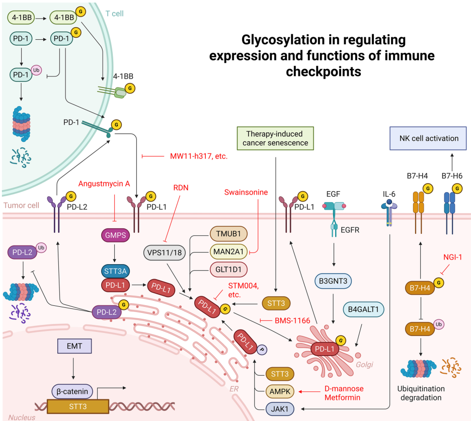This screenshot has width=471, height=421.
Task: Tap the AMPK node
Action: click(x=275, y=391)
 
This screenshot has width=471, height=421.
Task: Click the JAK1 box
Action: click(x=275, y=407)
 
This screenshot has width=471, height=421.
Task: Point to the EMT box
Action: click(x=73, y=347)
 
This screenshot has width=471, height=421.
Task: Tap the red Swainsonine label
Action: click(x=246, y=192)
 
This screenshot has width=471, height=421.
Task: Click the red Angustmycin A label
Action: click(x=104, y=184)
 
